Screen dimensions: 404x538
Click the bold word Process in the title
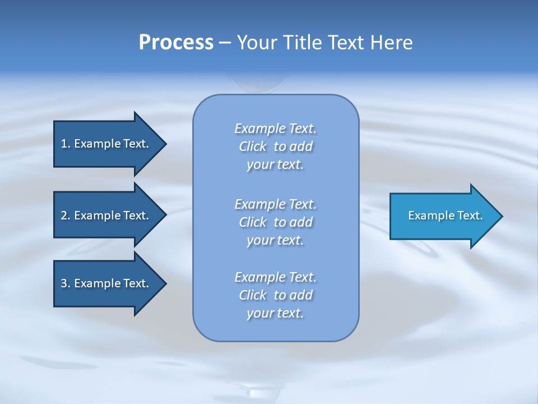pyautogui.click(x=176, y=43)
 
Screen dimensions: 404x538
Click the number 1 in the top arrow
pyautogui.click(x=64, y=144)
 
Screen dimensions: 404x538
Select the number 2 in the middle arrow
pyautogui.click(x=64, y=215)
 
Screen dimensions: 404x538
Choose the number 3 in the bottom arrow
pyautogui.click(x=64, y=283)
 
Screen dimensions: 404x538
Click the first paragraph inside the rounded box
pyautogui.click(x=275, y=146)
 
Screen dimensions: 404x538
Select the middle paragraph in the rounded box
pyautogui.click(x=275, y=222)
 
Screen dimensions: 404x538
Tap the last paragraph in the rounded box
pyautogui.click(x=275, y=295)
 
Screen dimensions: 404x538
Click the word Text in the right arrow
pyautogui.click(x=470, y=215)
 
